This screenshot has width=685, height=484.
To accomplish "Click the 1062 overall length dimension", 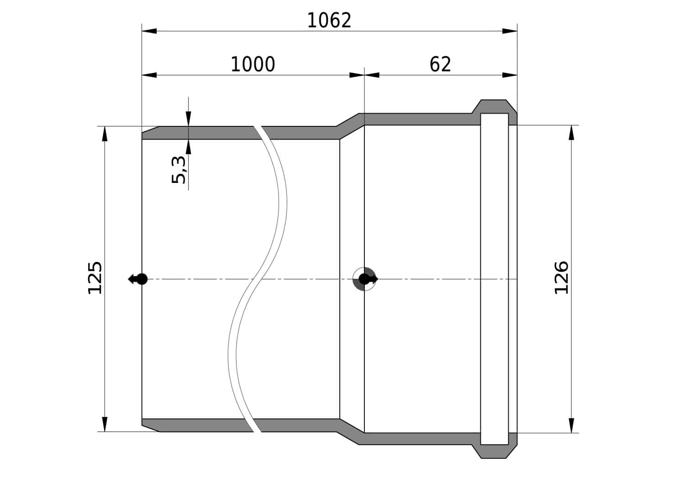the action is click(329, 21).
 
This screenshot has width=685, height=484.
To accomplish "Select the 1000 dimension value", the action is click(253, 64).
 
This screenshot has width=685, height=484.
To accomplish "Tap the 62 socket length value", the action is click(440, 64).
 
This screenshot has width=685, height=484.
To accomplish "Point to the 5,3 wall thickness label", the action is click(179, 170).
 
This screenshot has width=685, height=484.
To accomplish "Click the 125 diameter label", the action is click(95, 278).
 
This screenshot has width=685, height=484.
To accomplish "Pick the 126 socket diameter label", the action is click(561, 278).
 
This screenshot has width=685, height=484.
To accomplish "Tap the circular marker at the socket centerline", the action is click(364, 279).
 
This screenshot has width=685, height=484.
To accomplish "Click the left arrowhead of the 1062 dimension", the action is click(149, 31).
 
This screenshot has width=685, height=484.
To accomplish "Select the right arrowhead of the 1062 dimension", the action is click(510, 31).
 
